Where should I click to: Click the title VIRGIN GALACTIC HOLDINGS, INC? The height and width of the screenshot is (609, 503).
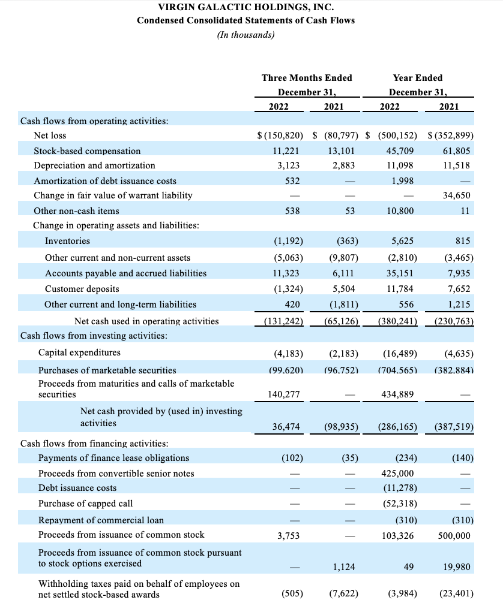pos(245,7)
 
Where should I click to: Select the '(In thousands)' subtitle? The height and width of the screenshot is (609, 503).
pos(245,34)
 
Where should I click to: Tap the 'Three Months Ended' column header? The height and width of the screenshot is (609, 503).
pos(307,78)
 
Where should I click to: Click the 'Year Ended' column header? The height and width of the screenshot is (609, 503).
pos(417,78)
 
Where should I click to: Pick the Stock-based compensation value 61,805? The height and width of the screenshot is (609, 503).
pos(456,151)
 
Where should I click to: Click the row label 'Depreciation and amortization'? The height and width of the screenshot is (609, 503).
pos(94,165)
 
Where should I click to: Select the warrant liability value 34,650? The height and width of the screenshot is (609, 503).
pos(456,195)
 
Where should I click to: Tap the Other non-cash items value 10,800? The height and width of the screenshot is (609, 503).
pos(399,211)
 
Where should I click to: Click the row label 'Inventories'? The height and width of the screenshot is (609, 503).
pos(67,241)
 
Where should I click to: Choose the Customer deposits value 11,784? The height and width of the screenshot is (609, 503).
pos(399,288)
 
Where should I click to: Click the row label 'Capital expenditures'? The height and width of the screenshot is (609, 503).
pos(79,352)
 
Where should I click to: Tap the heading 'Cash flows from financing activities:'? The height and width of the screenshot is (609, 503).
pos(94,444)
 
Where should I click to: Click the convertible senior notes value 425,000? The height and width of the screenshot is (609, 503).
pos(397,474)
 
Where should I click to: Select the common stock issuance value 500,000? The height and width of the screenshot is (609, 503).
pos(454,535)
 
